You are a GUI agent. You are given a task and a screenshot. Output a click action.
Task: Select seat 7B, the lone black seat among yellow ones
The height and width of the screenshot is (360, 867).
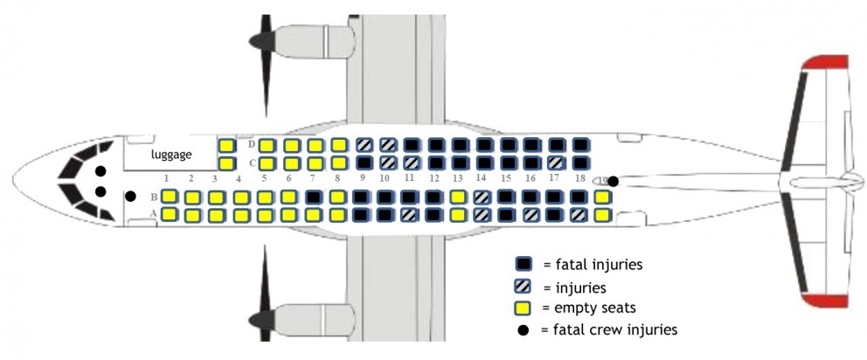[313, 197]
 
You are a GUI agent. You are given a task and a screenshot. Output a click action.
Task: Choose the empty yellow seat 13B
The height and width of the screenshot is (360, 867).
[457, 197]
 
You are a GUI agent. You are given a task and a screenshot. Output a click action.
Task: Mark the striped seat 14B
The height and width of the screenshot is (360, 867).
[481, 197]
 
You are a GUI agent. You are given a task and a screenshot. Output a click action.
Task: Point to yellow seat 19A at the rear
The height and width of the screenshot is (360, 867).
[601, 214]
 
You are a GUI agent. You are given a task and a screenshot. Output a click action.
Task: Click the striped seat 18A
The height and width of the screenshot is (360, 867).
[578, 214]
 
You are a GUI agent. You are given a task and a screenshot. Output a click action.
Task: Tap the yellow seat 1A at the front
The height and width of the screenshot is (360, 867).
[170, 214]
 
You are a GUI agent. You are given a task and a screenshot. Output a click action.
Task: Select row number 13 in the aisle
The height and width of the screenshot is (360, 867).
[457, 179]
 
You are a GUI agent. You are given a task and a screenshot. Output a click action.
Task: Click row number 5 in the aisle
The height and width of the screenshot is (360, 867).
[264, 179]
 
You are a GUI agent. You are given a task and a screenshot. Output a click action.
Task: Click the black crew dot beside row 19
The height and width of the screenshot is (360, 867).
[614, 181]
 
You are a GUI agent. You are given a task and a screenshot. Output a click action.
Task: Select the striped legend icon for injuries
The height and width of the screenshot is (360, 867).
[524, 287]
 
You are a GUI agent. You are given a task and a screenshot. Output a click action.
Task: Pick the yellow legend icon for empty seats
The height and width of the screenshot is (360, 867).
[524, 308]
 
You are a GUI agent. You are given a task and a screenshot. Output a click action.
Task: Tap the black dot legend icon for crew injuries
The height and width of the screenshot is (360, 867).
[524, 329]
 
